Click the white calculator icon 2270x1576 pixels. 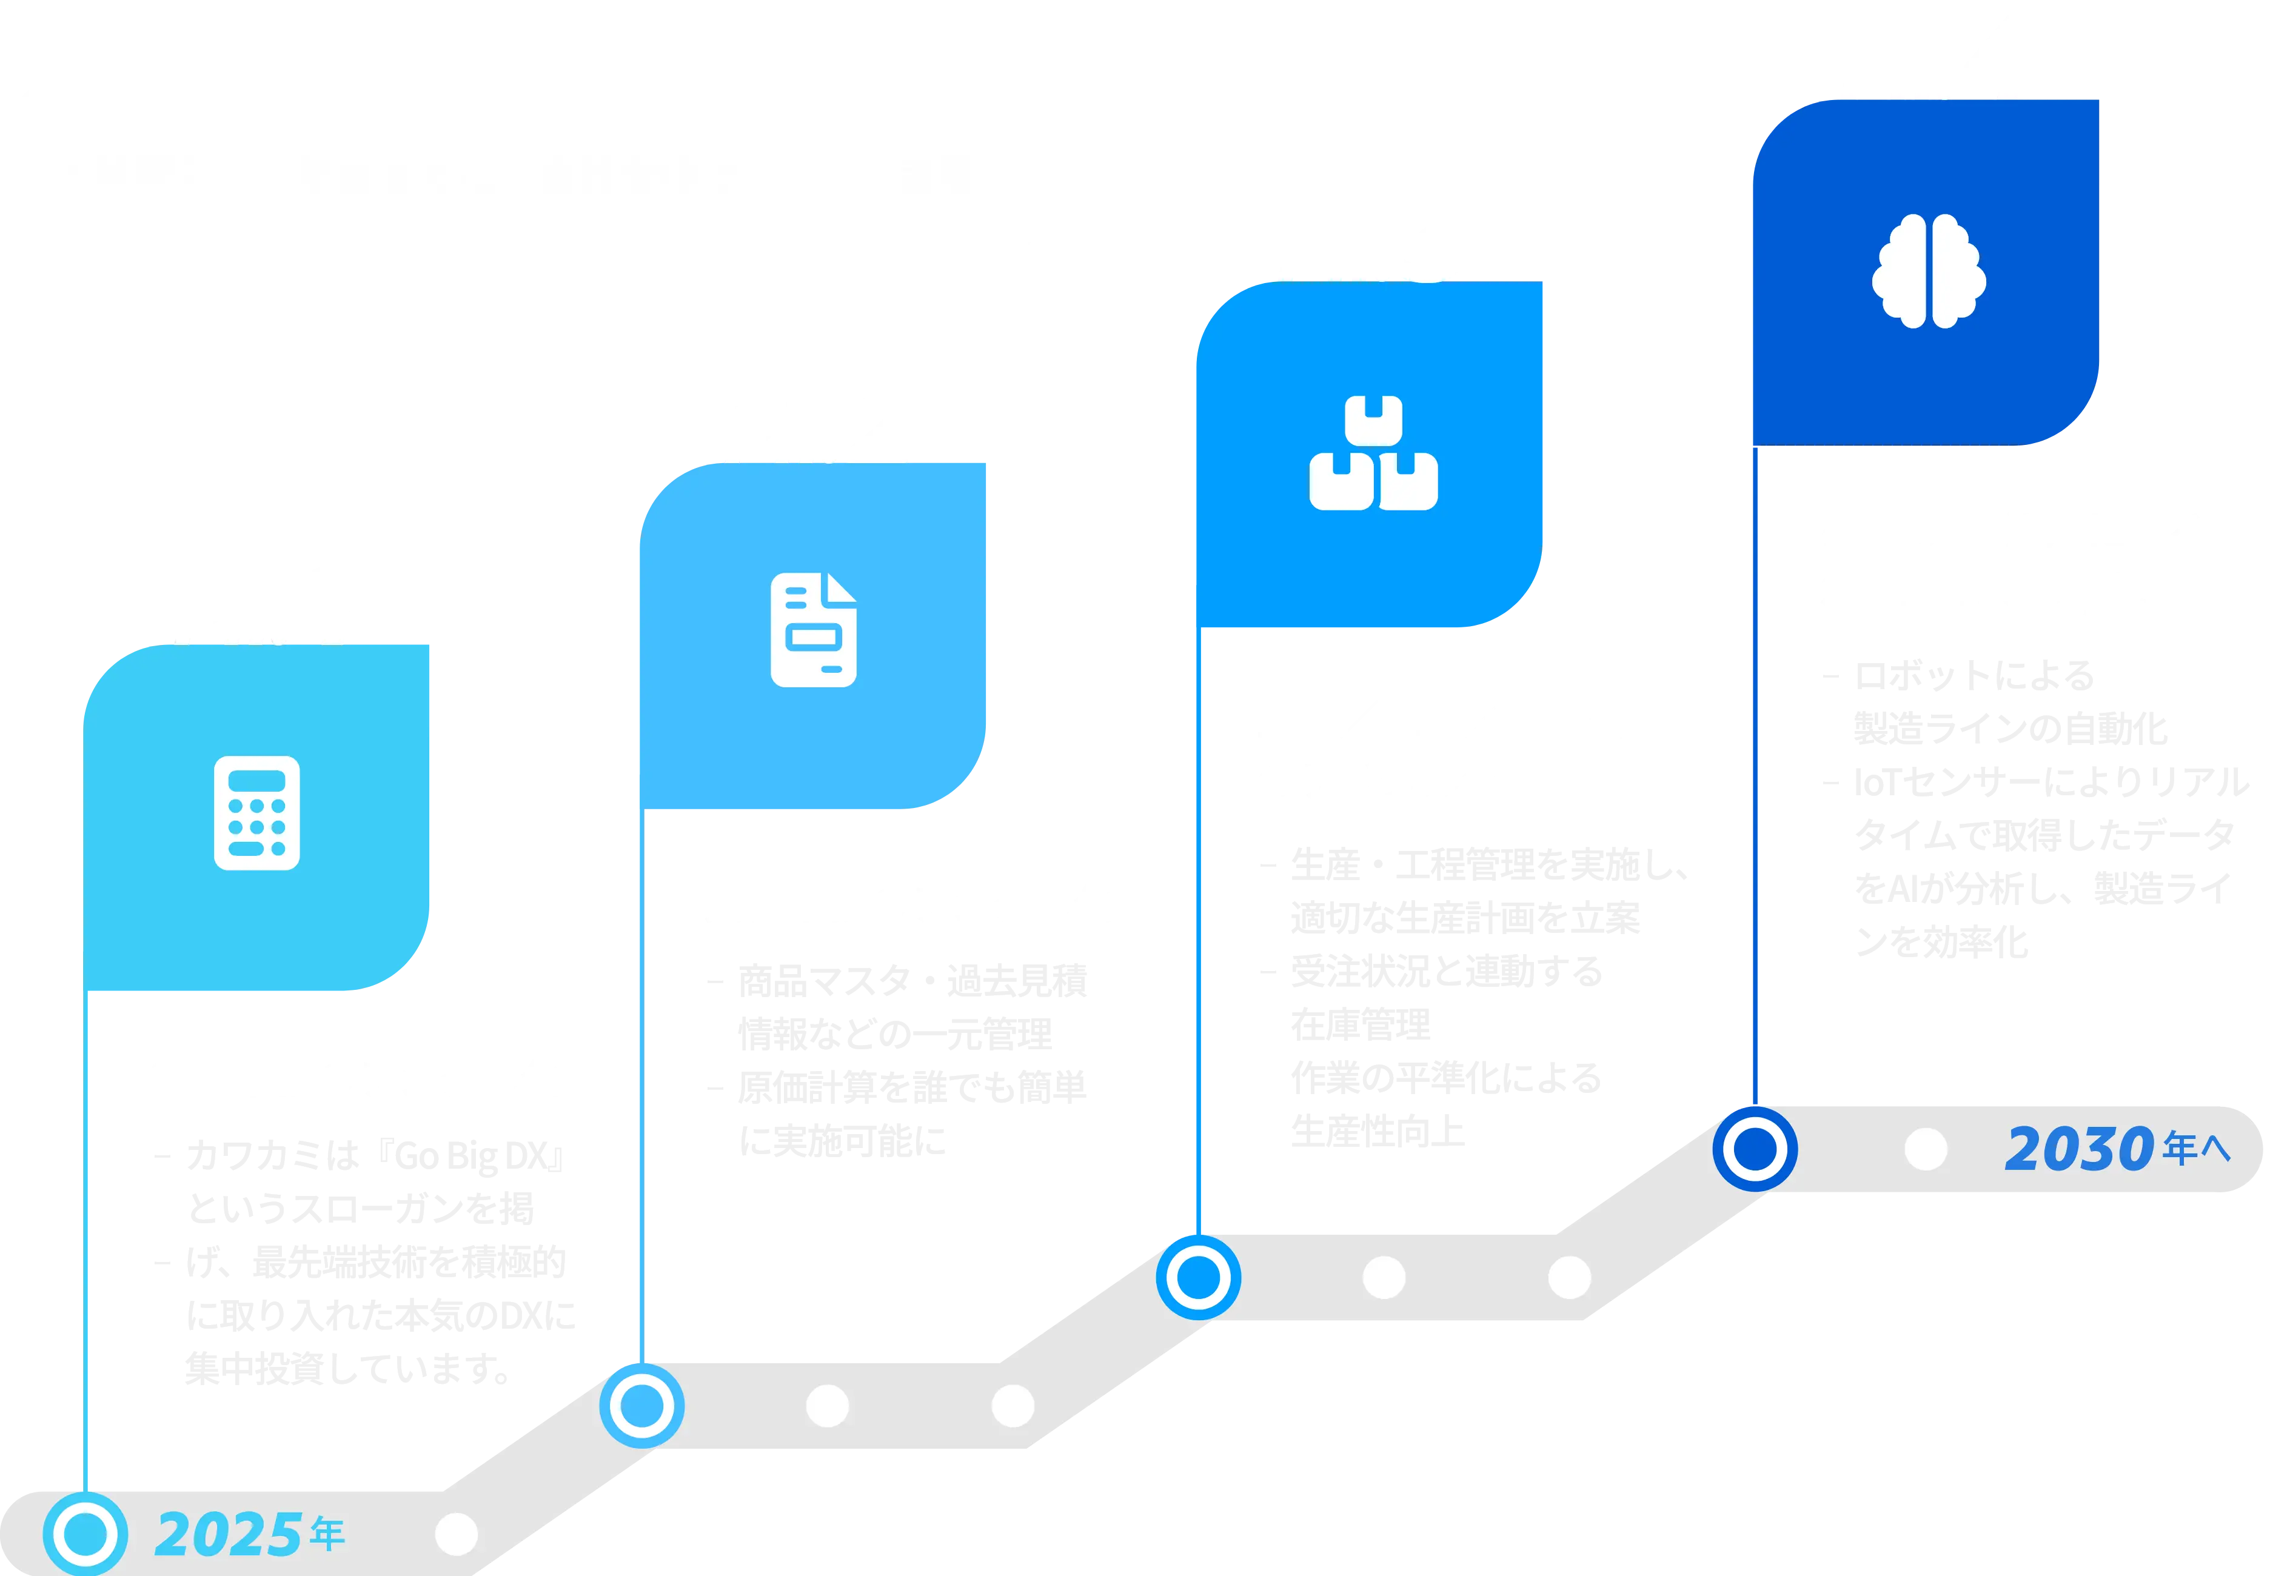pyautogui.click(x=257, y=813)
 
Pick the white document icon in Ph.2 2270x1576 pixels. pyautogui.click(x=813, y=630)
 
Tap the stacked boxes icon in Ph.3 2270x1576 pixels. pyautogui.click(x=1373, y=453)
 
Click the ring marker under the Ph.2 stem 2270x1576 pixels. pyautogui.click(x=642, y=1405)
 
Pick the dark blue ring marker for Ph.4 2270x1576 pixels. pyautogui.click(x=1755, y=1149)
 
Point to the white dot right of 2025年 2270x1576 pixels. pyautogui.click(x=457, y=1534)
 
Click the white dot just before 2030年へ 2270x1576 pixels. pyautogui.click(x=1925, y=1149)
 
